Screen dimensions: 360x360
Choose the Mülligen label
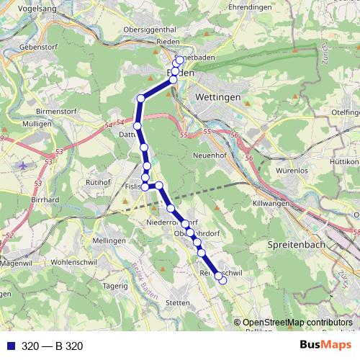click(x=36, y=124)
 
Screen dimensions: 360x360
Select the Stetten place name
click(x=177, y=303)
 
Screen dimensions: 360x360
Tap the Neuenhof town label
click(x=211, y=154)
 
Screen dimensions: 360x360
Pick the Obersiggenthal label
click(x=150, y=29)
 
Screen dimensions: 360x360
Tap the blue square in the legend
click(x=8, y=346)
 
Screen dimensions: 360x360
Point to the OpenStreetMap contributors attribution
click(x=297, y=323)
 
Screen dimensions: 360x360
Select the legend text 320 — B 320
click(x=53, y=346)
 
